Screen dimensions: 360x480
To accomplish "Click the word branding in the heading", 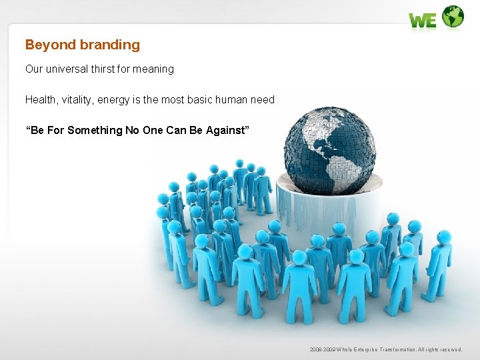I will (x=109, y=45).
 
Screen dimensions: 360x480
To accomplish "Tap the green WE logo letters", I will (x=423, y=21).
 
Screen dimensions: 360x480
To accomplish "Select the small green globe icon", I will (x=453, y=17).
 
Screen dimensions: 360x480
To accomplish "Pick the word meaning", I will (x=156, y=69).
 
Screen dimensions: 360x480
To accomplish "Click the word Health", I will (x=40, y=99).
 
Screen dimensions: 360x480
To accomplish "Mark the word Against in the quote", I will (x=226, y=130).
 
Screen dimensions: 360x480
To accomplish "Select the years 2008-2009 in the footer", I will (x=323, y=349).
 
